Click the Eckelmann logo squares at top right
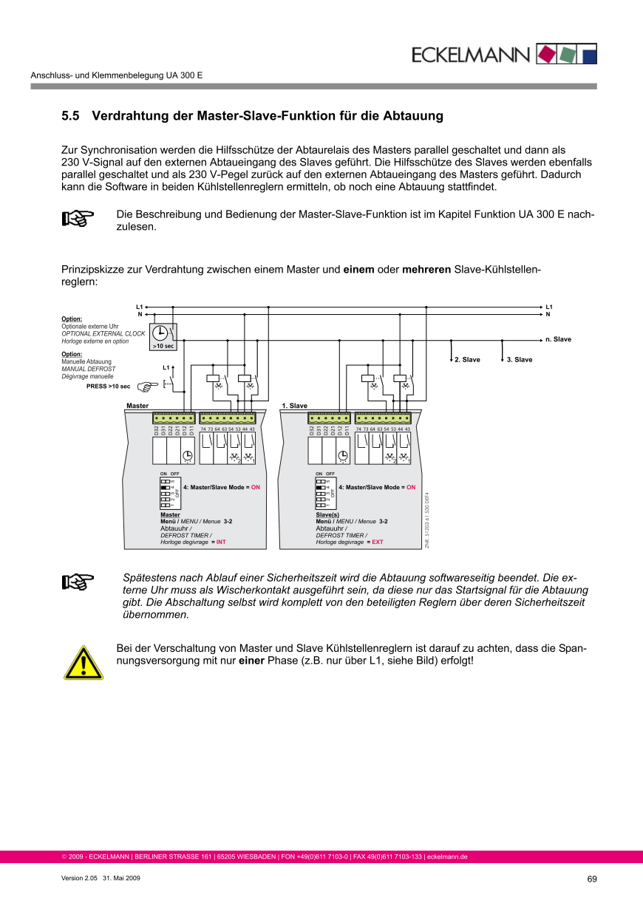point(566,54)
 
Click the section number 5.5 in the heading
point(70,116)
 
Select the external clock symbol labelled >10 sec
point(163,337)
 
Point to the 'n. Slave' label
point(558,339)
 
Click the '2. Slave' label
point(467,360)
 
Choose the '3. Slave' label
point(519,360)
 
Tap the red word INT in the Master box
point(220,542)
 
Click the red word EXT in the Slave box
point(377,542)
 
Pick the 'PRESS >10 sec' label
point(108,386)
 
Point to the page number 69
point(591,879)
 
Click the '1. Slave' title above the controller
point(294,406)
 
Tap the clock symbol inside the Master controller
point(187,455)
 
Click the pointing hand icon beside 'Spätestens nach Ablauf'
point(78,583)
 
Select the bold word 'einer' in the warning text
point(253,661)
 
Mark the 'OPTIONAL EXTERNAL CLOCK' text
point(103,333)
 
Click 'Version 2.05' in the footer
point(79,878)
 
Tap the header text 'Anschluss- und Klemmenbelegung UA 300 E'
point(116,75)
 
